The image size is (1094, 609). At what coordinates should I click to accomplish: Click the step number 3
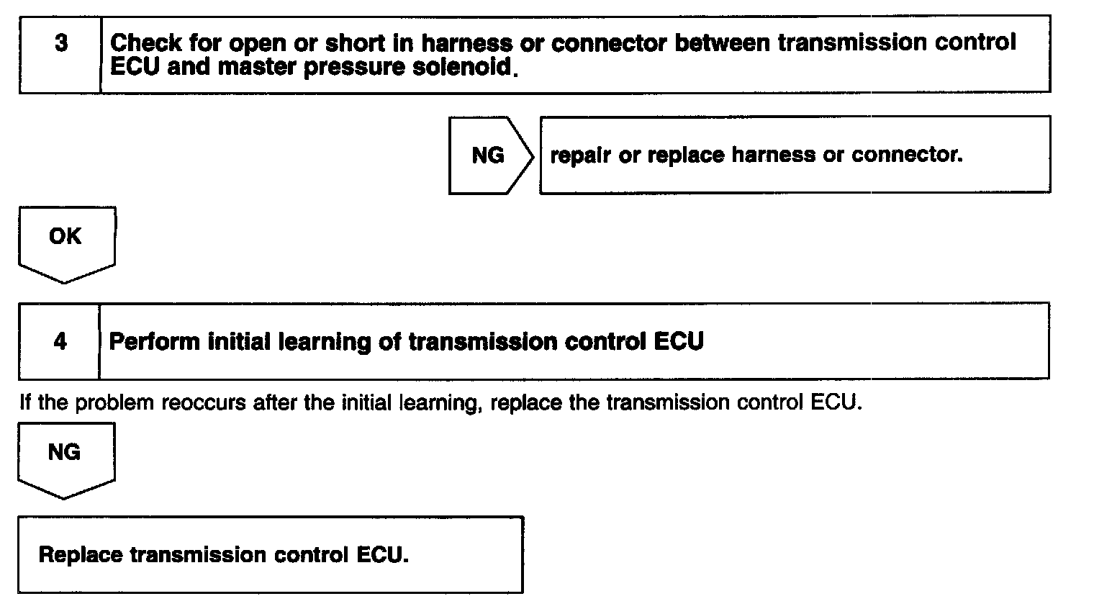pos(61,43)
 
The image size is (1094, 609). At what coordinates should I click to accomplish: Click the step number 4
pos(60,341)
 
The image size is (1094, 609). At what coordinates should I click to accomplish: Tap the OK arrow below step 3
pos(65,240)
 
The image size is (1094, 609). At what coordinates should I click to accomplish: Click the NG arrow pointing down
pos(64,456)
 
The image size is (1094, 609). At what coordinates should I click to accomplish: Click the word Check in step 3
pos(146,43)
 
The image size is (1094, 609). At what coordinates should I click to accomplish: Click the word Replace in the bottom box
pos(81,555)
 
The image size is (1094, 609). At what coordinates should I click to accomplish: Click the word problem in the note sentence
pos(114,402)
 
